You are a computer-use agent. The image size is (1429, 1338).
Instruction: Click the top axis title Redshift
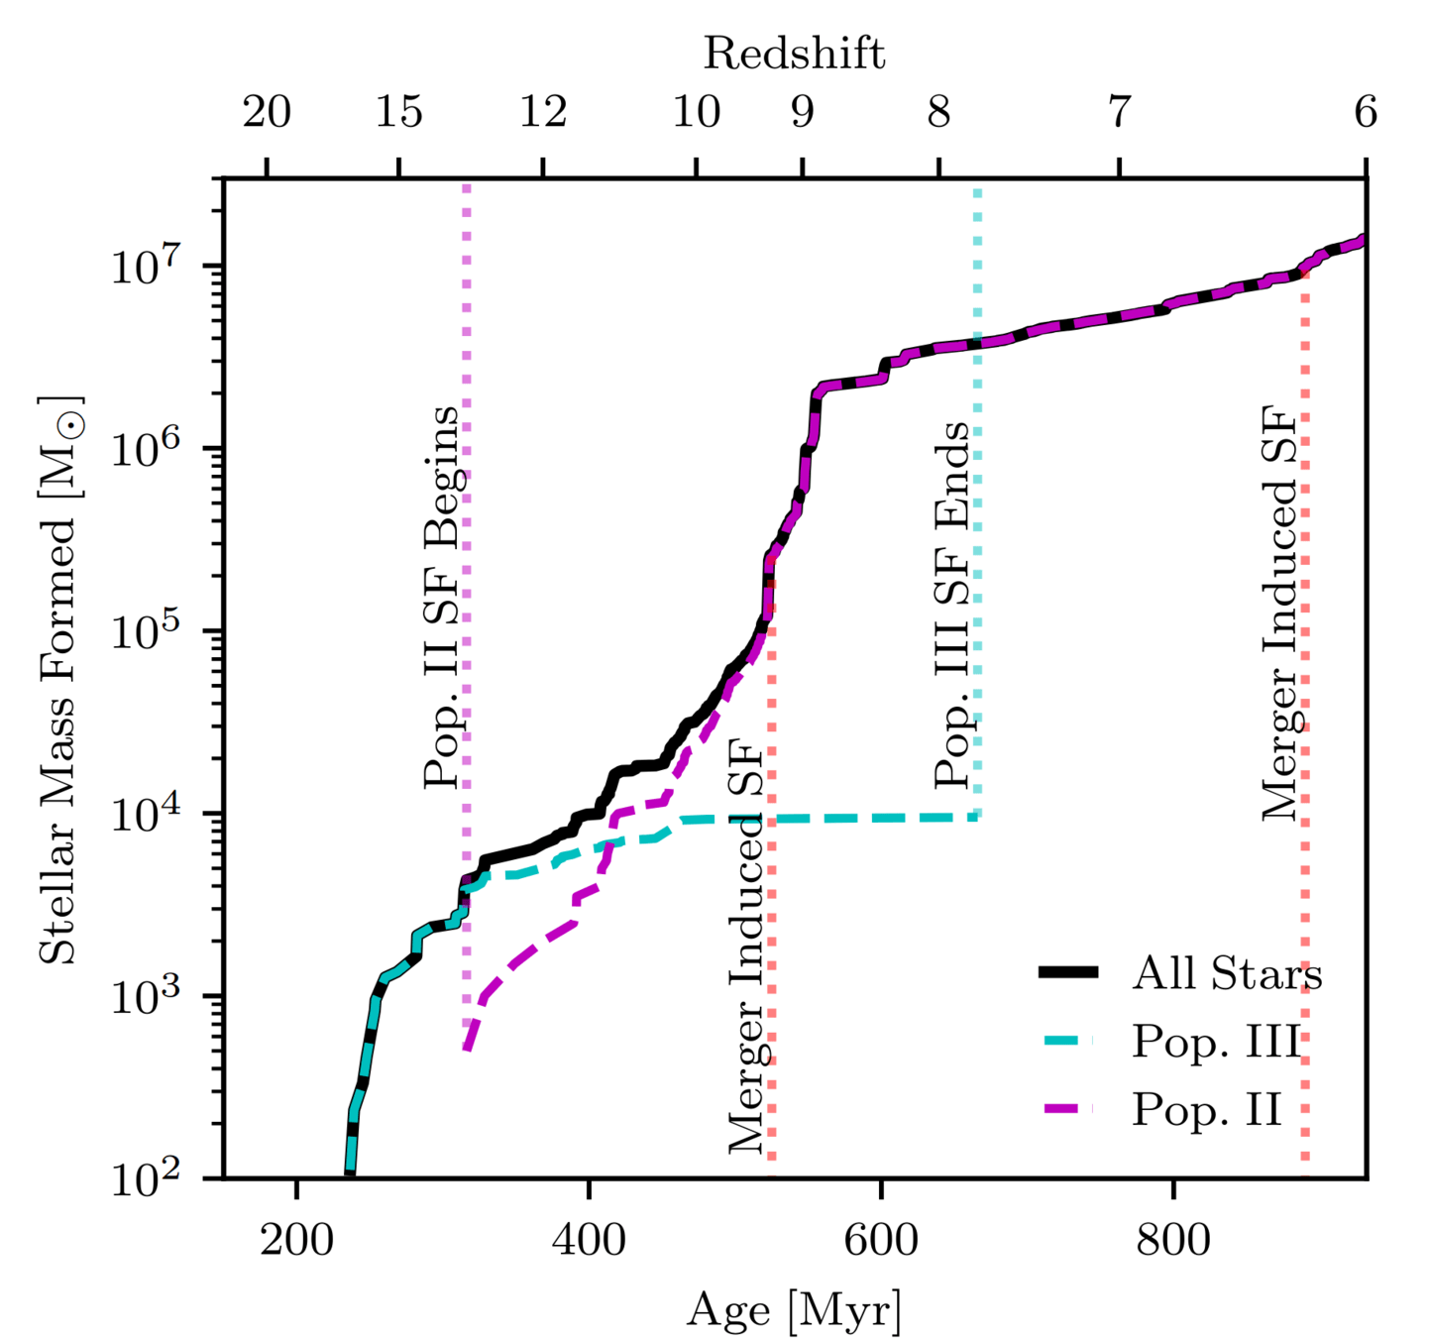pyautogui.click(x=794, y=53)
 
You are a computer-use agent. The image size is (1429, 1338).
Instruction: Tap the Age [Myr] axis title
pyautogui.click(x=794, y=1309)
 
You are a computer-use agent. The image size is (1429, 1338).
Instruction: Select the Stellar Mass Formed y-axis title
pyautogui.click(x=59, y=680)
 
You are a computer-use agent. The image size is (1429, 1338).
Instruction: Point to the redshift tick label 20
pyautogui.click(x=267, y=112)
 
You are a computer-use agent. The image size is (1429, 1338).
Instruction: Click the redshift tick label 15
pyautogui.click(x=398, y=112)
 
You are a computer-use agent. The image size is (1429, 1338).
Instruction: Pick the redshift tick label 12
pyautogui.click(x=543, y=112)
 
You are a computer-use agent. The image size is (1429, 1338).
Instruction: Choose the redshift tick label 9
pyautogui.click(x=803, y=112)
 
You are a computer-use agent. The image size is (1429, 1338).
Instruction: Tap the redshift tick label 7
pyautogui.click(x=1119, y=112)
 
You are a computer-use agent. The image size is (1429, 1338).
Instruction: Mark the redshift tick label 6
pyautogui.click(x=1366, y=112)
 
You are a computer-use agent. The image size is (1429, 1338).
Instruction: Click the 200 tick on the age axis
pyautogui.click(x=295, y=1239)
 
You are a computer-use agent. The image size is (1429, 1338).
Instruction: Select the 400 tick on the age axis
pyautogui.click(x=589, y=1239)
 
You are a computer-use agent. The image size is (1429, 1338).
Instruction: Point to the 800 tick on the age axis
pyautogui.click(x=1173, y=1239)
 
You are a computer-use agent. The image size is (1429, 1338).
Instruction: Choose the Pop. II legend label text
pyautogui.click(x=1207, y=1109)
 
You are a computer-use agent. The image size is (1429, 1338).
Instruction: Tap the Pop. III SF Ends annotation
pyautogui.click(x=952, y=605)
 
